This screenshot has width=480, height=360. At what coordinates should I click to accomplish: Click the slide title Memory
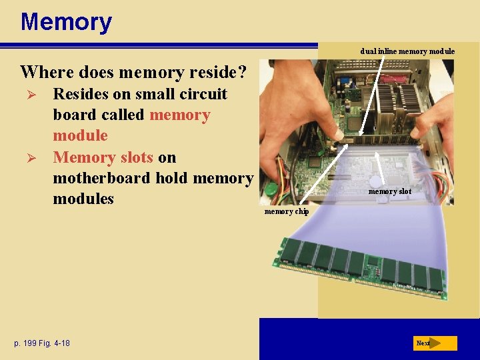[66, 22]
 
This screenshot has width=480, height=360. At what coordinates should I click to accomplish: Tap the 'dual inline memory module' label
[407, 51]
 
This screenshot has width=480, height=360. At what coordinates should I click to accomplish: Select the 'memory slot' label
[390, 191]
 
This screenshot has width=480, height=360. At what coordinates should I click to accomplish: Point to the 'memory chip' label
[287, 211]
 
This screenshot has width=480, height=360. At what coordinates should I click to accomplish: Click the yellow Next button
[435, 343]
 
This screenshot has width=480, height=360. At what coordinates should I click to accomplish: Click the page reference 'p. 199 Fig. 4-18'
[42, 343]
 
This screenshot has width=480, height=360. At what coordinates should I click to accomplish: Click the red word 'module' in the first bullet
[80, 135]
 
